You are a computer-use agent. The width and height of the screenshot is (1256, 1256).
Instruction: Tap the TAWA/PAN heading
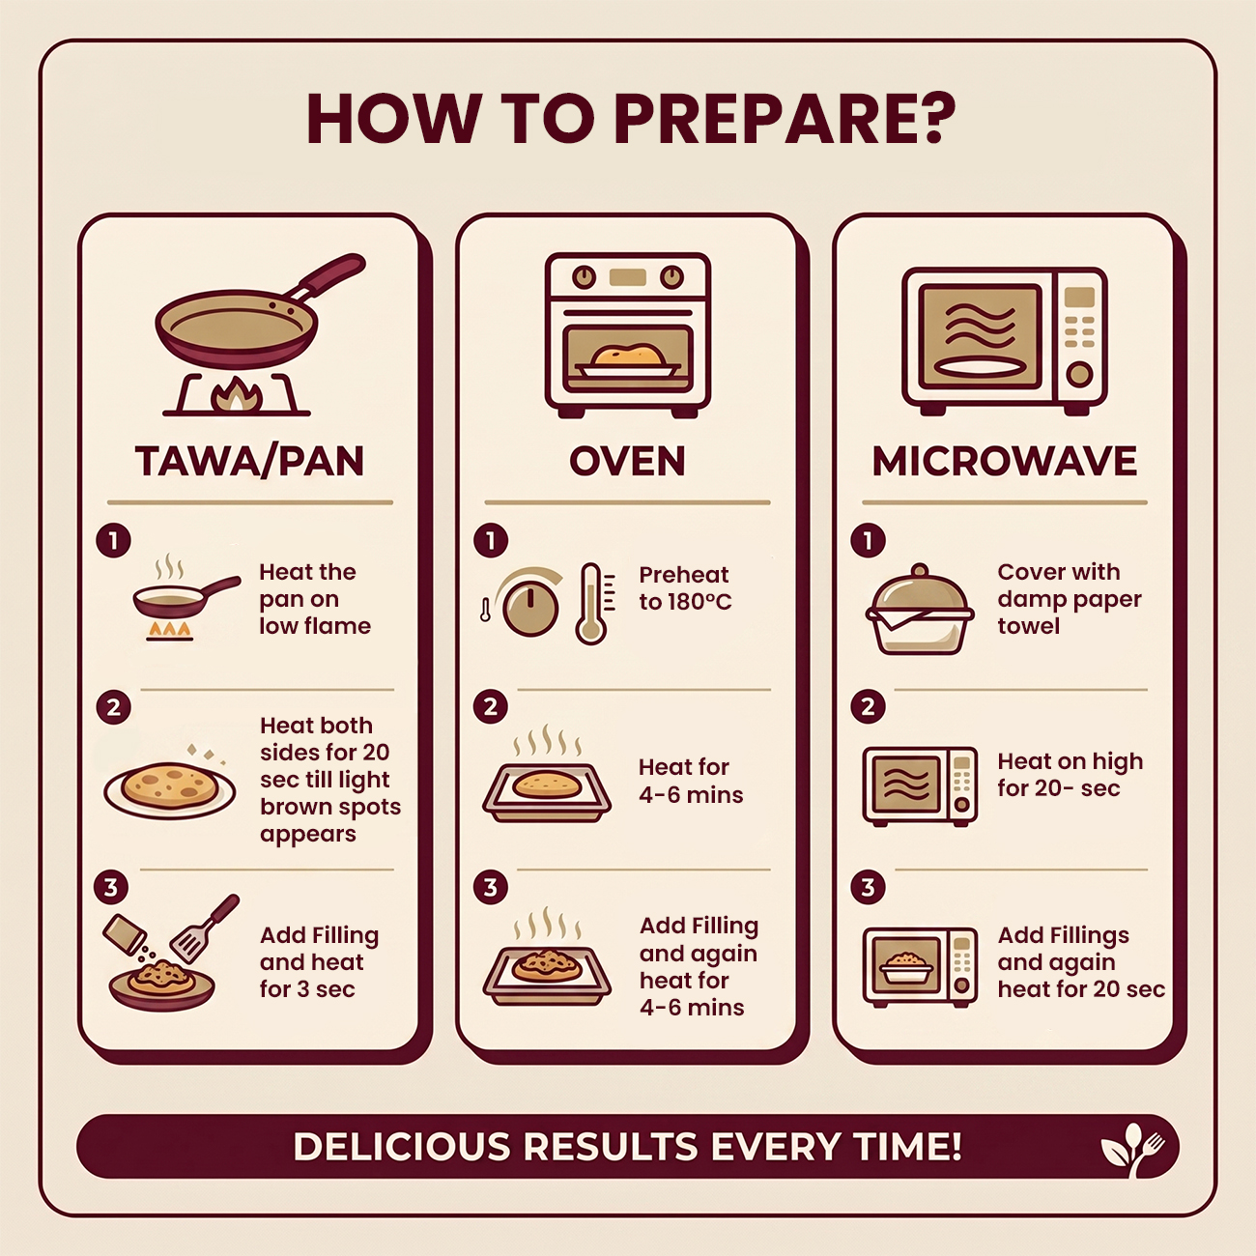pos(249,462)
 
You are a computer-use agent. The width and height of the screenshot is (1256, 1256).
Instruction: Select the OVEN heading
pos(627,462)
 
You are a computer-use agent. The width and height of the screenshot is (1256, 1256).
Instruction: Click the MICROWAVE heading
pos(1005,462)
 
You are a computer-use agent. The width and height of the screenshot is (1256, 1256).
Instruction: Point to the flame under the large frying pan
pos(236,395)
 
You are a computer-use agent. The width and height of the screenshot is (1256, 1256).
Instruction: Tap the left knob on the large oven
pos(584,277)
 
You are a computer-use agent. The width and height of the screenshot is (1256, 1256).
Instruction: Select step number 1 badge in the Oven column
pos(491,540)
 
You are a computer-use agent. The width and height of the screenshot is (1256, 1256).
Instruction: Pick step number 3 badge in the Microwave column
pos(868,887)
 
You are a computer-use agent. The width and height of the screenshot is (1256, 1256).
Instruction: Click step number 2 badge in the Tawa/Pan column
pos(113,707)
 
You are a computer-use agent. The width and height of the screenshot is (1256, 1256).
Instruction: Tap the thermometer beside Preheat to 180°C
pos(592,604)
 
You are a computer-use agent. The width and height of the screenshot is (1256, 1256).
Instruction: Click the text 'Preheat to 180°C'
pos(685,588)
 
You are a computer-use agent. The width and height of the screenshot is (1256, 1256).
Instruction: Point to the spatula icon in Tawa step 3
pos(203,928)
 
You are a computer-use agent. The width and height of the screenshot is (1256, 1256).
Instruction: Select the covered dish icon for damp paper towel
pos(920,610)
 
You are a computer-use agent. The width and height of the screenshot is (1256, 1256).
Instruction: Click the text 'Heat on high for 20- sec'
pos(1070,774)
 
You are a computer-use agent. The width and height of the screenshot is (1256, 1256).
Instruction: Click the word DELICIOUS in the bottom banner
pos(402,1147)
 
